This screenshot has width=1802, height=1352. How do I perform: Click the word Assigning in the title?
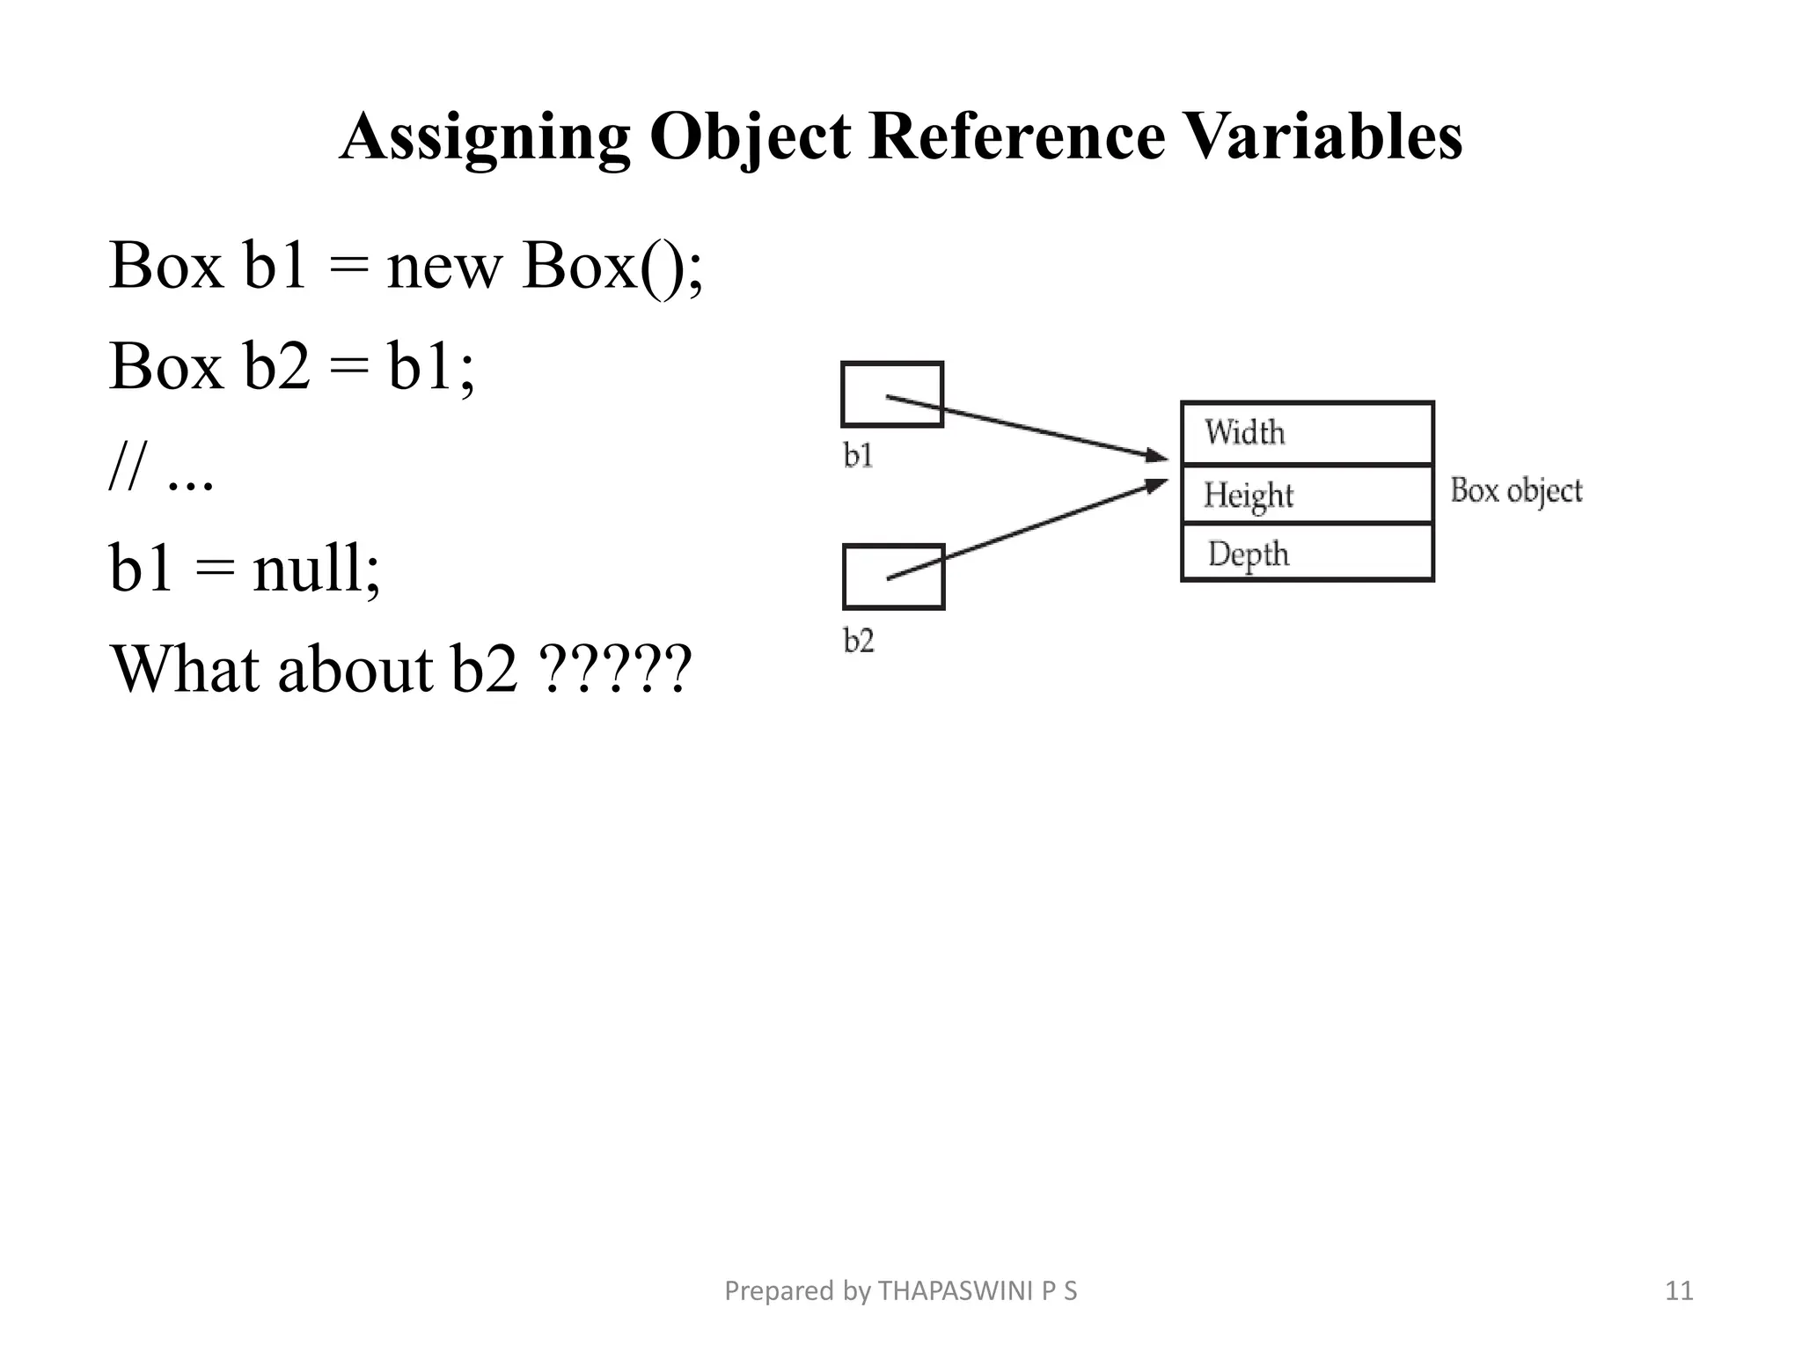485,137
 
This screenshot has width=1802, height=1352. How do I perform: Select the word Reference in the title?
1016,137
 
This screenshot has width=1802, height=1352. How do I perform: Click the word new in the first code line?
443,266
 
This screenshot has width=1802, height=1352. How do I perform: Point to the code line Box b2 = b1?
291,366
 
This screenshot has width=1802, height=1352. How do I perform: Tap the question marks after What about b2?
617,670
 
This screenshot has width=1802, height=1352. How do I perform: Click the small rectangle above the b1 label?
892,394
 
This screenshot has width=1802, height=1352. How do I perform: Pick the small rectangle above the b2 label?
893,577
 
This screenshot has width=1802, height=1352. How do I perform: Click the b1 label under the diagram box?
858,455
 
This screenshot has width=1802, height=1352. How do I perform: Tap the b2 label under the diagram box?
859,640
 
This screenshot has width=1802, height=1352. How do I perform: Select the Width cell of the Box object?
1307,433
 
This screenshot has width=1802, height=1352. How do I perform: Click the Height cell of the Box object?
1307,495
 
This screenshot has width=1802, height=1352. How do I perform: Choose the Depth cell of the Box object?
1307,554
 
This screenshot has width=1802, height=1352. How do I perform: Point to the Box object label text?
1515,490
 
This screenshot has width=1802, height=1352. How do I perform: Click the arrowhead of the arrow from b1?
1156,456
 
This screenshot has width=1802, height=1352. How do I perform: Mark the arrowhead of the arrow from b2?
1156,485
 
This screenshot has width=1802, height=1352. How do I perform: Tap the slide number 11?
1679,1291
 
